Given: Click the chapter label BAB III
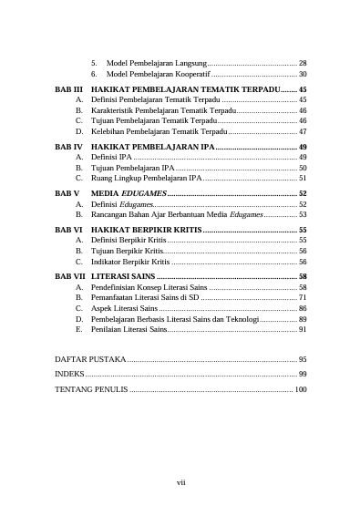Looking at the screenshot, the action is click(68, 90).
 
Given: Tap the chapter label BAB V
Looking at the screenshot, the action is click(67, 194).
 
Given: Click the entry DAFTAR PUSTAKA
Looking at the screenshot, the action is click(90, 360).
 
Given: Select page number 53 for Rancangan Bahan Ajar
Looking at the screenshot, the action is click(302, 214).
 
